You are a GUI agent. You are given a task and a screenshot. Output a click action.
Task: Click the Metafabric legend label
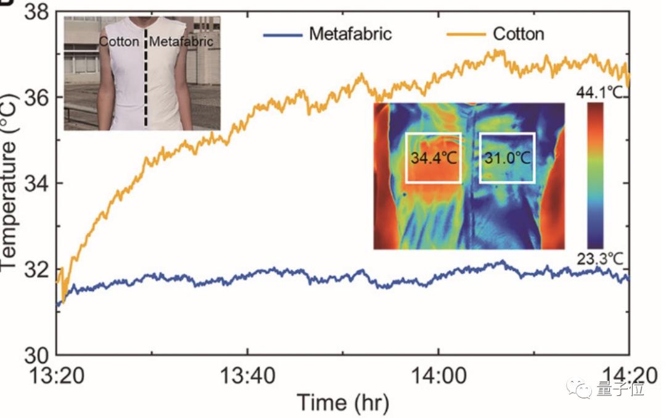[350, 33]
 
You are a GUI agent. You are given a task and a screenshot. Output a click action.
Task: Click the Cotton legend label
[518, 33]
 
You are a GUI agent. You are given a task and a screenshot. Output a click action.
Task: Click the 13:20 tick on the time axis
[57, 377]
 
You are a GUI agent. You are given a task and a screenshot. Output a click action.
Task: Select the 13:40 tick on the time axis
[247, 377]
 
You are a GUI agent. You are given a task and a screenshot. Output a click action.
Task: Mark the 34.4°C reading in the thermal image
[434, 157]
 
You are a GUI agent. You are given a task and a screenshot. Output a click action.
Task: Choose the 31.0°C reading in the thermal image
[506, 157]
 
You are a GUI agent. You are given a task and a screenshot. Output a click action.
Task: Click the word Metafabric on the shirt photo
[182, 42]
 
